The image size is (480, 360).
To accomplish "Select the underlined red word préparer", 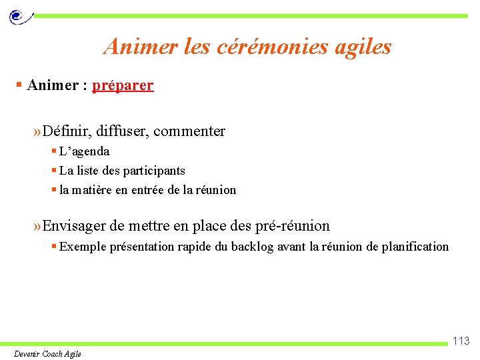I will (123, 85).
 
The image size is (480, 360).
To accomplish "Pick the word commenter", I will (189, 131).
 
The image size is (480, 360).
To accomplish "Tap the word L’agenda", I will (84, 151).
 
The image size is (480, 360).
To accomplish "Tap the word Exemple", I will (81, 247).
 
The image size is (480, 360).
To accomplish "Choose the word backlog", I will (252, 247).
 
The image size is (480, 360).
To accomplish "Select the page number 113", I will (461, 341).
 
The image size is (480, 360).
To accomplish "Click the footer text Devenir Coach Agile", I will (47, 353).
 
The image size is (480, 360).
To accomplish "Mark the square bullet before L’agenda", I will (54, 151).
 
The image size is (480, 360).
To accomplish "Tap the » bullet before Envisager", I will (37, 226).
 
